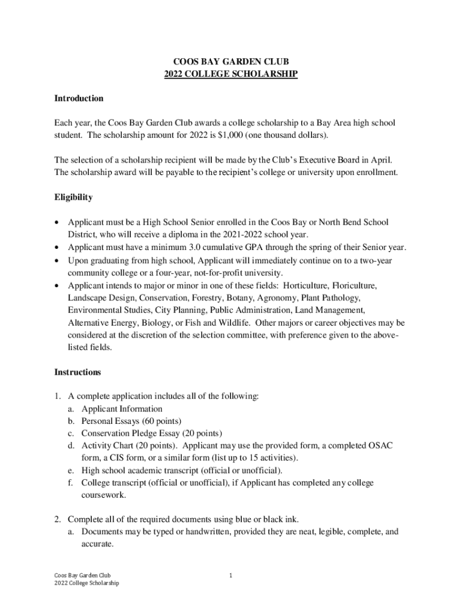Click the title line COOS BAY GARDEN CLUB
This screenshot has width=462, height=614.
(231, 62)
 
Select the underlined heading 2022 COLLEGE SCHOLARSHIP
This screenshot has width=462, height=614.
(231, 74)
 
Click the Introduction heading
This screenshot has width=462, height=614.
(79, 98)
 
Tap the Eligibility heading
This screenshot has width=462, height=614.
(73, 197)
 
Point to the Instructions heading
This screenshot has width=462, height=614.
(77, 372)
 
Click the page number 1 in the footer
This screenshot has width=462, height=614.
(230, 576)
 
